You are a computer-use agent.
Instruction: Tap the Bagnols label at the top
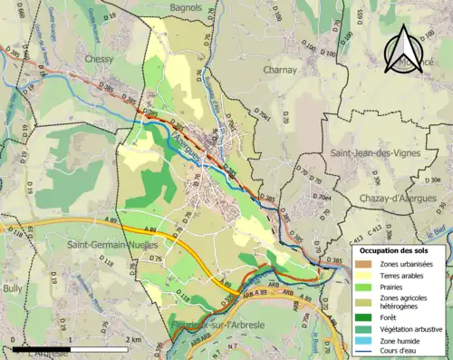[181, 7]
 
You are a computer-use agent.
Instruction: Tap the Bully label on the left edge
[13, 288]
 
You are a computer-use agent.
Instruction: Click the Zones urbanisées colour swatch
[361, 263]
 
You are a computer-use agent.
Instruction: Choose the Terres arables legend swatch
[361, 275]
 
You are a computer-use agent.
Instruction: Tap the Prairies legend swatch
[361, 286]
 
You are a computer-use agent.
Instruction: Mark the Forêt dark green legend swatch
[361, 316]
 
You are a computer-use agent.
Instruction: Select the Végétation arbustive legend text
[410, 327]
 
